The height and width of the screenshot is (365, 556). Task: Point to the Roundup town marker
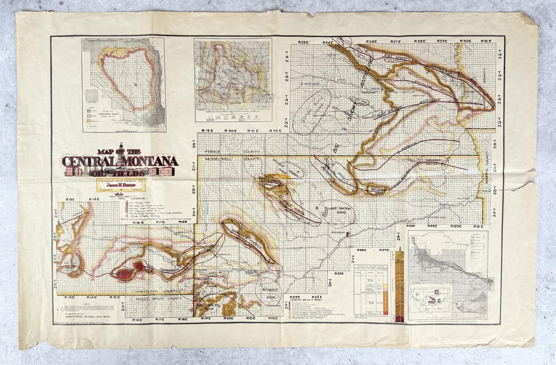348,234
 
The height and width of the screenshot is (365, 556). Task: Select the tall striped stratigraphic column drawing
400,285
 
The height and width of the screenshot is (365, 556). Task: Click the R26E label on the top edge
372,41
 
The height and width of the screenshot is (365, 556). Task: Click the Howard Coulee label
448,162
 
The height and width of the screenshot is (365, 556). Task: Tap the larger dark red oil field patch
125,273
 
